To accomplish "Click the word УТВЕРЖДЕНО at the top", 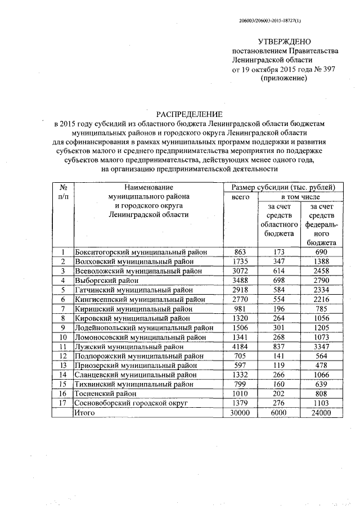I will [x=284, y=42].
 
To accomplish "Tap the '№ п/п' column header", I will [x=63, y=192].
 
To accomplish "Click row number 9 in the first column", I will [x=63, y=328].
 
